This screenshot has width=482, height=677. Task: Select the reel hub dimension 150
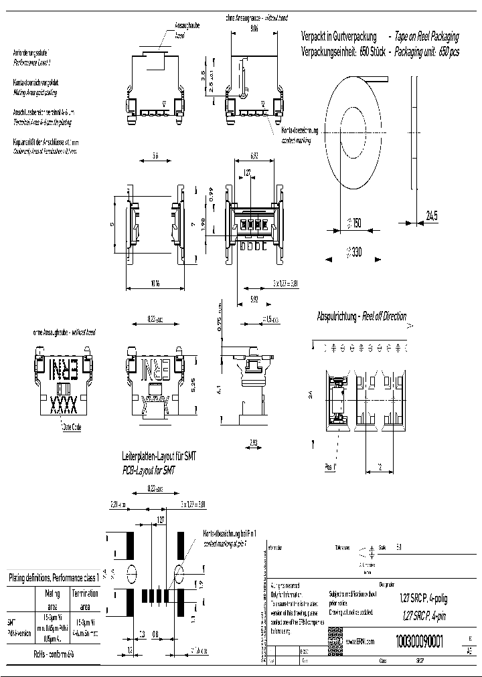(354, 223)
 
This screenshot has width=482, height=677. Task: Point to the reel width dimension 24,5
(431, 215)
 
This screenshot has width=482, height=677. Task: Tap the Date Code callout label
(71, 427)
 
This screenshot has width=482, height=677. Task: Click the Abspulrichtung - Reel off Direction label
(361, 316)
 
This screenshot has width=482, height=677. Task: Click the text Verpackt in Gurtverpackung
(339, 37)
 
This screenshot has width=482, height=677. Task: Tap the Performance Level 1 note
(37, 61)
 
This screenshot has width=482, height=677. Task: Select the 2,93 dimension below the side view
(252, 443)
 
